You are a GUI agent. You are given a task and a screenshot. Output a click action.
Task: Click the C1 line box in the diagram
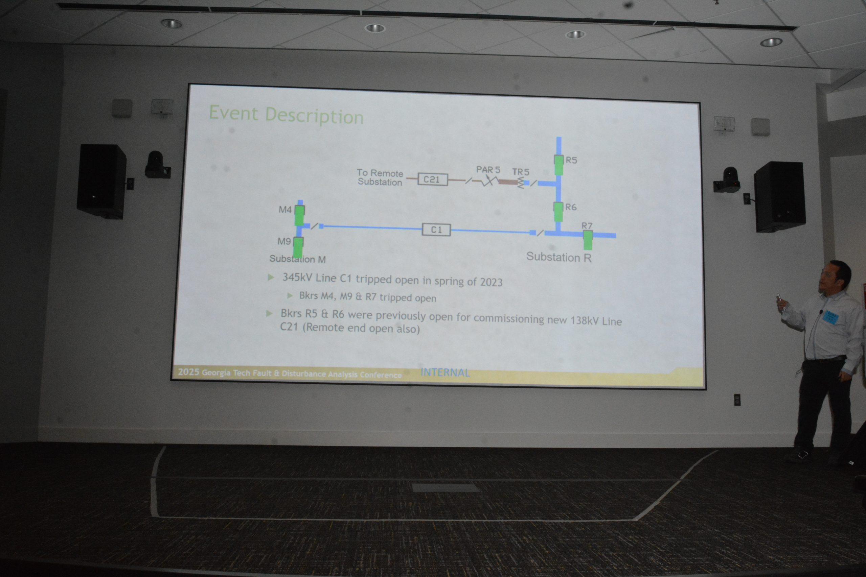436,230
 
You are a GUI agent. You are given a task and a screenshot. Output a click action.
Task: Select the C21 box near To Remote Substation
433,179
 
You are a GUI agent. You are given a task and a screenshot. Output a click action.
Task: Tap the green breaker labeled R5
559,165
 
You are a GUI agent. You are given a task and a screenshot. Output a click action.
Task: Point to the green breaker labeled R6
558,211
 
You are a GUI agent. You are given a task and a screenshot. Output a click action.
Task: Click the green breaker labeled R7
588,240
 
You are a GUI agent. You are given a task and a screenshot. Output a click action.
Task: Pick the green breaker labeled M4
299,215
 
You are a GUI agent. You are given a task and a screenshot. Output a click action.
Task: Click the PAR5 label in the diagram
488,170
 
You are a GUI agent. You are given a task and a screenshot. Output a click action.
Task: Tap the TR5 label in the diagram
521,172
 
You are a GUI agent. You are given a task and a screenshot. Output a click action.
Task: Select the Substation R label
559,257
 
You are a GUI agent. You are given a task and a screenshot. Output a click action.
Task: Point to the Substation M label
297,259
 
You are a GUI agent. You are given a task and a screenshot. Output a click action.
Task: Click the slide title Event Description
286,115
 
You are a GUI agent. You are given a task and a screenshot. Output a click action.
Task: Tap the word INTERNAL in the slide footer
445,372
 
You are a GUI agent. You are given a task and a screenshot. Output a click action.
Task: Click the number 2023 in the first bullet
491,282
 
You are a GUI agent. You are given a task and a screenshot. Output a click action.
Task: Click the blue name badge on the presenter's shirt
831,317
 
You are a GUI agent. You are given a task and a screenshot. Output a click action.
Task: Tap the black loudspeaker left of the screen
101,182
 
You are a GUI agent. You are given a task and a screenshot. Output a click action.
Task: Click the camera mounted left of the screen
157,165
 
